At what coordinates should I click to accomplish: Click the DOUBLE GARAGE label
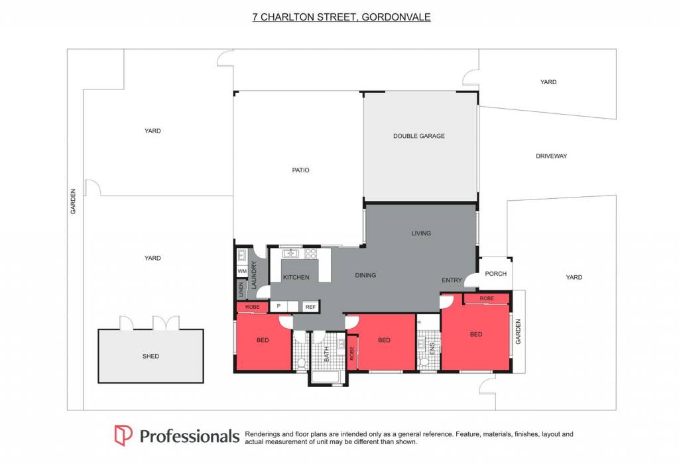[x=419, y=136]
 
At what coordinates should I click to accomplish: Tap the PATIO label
[x=300, y=170]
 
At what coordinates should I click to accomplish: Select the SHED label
[x=151, y=356]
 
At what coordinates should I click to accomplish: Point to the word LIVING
[x=421, y=233]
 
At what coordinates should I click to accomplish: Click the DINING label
[x=365, y=275]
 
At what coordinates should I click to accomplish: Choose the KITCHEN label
[x=296, y=278]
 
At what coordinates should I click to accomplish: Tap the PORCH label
[x=496, y=274]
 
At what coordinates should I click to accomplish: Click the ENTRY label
[x=452, y=280]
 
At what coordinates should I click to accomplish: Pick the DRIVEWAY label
[x=551, y=156]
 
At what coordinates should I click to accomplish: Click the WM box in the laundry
[x=242, y=271]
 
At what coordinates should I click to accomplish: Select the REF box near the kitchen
[x=310, y=307]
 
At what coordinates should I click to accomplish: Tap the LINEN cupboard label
[x=241, y=290]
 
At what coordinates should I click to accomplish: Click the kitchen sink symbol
[x=290, y=254]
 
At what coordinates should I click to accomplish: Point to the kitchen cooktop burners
[x=310, y=254]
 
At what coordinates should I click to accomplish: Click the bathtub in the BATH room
[x=328, y=377]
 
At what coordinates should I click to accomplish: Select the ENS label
[x=432, y=349]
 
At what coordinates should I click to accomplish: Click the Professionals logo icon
[x=123, y=435]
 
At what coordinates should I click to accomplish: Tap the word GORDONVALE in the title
[x=396, y=17]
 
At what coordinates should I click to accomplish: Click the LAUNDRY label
[x=254, y=275]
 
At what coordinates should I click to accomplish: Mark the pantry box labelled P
[x=279, y=306]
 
